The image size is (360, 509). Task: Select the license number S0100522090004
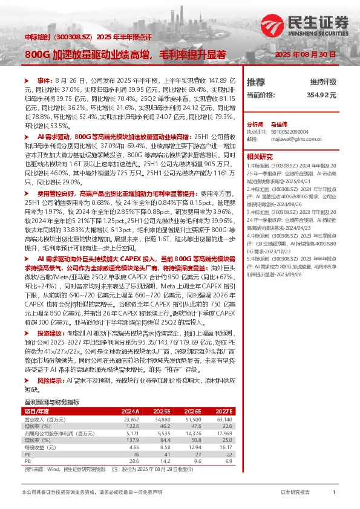pyautogui.click(x=290, y=131)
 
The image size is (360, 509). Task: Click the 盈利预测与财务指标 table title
pyautogui.click(x=51, y=401)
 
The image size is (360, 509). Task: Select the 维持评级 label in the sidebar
pyautogui.click(x=323, y=82)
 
